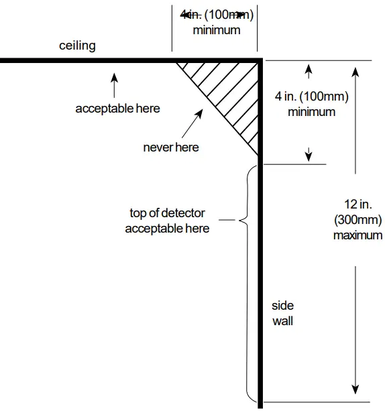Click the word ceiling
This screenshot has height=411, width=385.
[x=77, y=46]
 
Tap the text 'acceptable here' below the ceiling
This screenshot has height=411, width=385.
[x=117, y=108]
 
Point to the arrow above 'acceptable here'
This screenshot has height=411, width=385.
[x=113, y=84]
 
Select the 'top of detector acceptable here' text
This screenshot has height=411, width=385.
[x=167, y=221]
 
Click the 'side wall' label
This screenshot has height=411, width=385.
[x=282, y=313]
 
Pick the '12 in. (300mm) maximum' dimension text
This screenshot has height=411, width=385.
[x=357, y=220]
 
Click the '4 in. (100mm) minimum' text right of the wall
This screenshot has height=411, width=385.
[x=311, y=104]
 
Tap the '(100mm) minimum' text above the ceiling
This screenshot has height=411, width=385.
[x=216, y=21]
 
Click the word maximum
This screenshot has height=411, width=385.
[x=357, y=235]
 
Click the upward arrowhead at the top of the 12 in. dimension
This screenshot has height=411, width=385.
[x=355, y=67]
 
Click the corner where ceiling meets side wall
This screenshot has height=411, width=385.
[x=259, y=61]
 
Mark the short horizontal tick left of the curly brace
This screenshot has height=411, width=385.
[x=229, y=220]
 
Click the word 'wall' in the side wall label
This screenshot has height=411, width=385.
[x=282, y=320]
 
